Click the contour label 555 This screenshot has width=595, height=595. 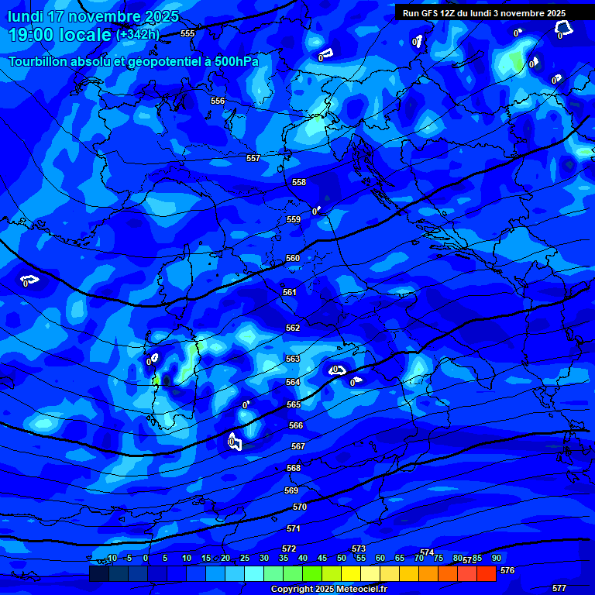[187, 33]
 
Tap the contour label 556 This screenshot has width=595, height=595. [218, 101]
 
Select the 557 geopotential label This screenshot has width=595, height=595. [253, 158]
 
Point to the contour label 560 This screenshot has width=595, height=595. [293, 258]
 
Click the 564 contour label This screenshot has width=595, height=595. [293, 382]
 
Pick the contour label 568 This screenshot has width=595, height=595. [293, 468]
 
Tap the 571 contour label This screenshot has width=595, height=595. [293, 528]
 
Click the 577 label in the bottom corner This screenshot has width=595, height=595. [559, 588]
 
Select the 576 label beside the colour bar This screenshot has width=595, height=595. [507, 570]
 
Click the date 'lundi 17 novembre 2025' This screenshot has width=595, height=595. [93, 16]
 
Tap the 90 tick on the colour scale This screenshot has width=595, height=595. [496, 558]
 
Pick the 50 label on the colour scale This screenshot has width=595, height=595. [342, 558]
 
